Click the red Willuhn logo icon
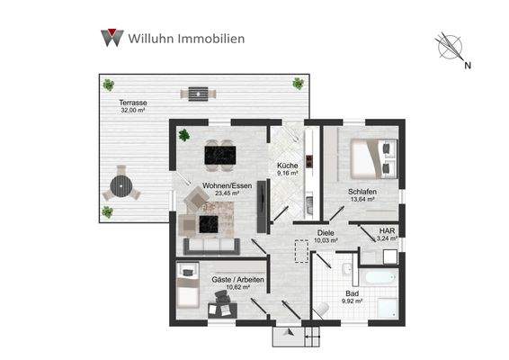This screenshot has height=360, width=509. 112,38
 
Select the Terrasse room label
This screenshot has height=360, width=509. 133,103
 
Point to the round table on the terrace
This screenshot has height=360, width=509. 120,187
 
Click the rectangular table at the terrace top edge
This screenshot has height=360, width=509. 195,92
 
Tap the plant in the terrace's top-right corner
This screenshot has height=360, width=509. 298,84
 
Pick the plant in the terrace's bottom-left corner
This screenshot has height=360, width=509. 108,212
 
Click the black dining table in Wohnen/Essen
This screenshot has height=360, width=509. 220,155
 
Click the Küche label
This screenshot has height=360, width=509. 287,166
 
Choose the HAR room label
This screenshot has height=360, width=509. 388,229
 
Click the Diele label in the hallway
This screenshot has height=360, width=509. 326,232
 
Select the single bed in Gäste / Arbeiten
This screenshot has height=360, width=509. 187,287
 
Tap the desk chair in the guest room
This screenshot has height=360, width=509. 219,310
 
